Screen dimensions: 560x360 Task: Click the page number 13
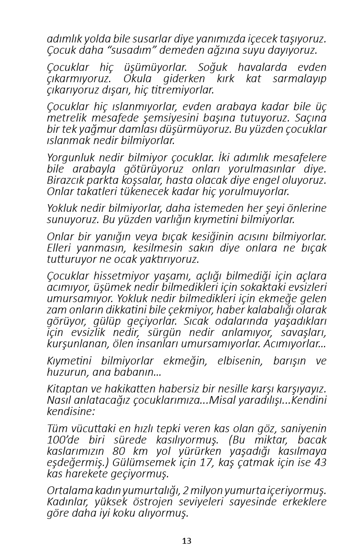tap(187, 541)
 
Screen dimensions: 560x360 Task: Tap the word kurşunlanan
tap(74, 344)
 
